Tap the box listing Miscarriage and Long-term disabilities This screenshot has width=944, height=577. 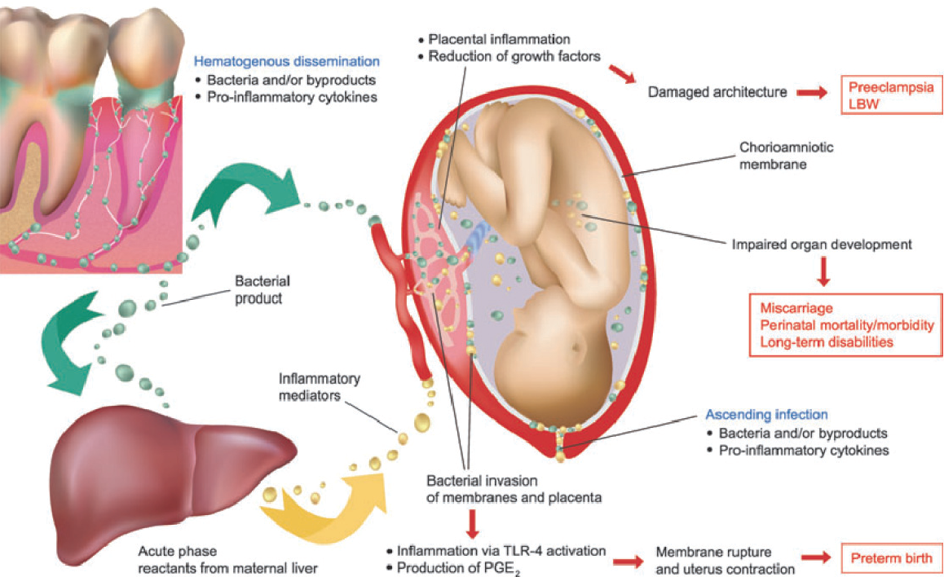pos(847,324)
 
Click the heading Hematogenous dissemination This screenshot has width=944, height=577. pos(286,61)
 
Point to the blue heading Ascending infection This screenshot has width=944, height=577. pos(766,414)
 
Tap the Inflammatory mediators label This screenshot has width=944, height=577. pos(319,388)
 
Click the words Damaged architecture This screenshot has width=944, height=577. pos(717,92)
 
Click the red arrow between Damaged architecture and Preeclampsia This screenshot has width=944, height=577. pos(813,92)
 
